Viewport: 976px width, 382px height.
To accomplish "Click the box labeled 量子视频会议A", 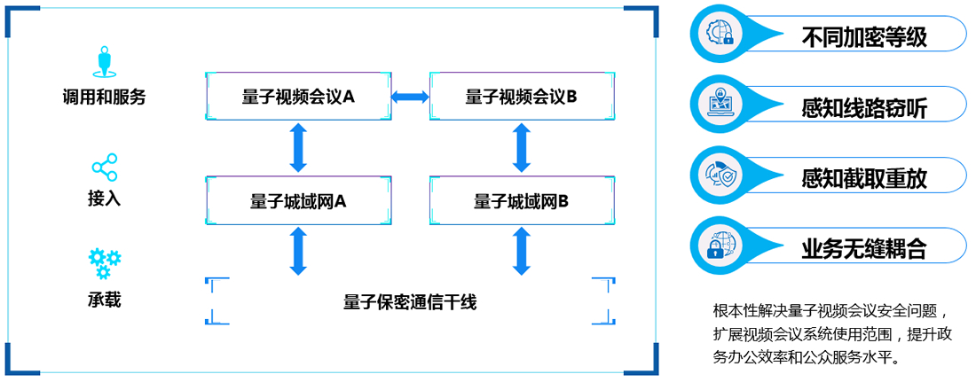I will pos(298,96).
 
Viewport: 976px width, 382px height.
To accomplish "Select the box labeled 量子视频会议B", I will pos(522,96).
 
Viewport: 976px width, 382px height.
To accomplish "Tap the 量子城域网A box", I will pos(298,200).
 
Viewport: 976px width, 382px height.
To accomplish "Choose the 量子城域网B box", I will pos(522,200).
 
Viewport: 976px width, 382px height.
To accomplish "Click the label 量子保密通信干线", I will pos(410,302).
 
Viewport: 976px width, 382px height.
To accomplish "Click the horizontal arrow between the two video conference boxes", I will pos(410,96).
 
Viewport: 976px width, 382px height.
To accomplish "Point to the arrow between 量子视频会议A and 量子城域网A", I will pos(298,148).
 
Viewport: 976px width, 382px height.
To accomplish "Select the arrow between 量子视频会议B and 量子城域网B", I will pos(522,148).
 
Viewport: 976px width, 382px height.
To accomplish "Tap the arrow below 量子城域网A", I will pos(298,251).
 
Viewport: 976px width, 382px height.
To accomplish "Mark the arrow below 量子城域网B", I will pos(522,251).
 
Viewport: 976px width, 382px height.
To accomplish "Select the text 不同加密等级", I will pos(863,37).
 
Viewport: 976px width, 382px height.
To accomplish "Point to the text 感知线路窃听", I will pos(863,108).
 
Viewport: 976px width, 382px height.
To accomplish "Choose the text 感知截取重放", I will pos(863,178).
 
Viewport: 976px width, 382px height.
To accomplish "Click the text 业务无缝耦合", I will pos(863,249).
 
